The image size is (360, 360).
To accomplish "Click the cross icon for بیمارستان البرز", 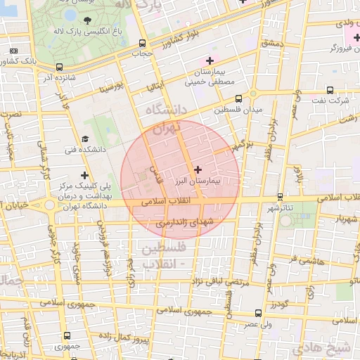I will tap(197, 169).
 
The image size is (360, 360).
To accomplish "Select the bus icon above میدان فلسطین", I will tap(238, 98).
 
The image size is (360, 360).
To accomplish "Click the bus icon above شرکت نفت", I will tap(330, 90).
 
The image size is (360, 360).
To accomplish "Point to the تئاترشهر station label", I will tap(280, 208).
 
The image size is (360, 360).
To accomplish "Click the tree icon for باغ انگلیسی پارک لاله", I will tap(86, 20).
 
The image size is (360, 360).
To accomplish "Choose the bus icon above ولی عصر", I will tap(259, 313).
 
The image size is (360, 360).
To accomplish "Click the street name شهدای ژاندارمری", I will tap(184, 222).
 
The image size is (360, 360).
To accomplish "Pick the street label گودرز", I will tap(279, 304).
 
